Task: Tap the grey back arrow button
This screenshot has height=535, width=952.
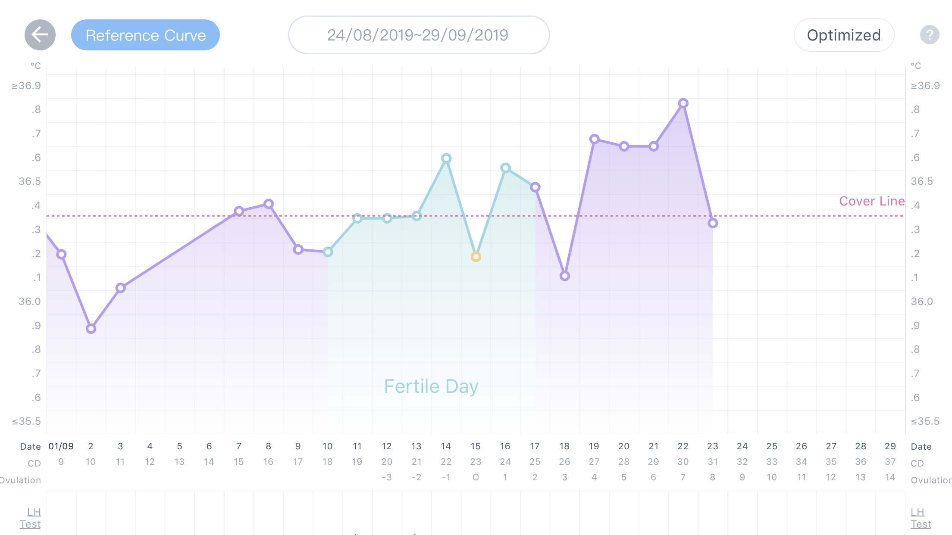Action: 40,35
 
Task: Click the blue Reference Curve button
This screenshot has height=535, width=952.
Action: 145,35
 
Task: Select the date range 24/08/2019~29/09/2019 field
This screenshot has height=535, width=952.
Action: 419,35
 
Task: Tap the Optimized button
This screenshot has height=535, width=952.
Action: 844,35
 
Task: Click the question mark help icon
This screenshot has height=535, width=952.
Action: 930,35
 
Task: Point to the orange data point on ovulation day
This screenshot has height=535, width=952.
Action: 476,257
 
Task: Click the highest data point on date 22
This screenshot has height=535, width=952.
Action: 683,103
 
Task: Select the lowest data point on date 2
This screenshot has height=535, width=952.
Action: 91,329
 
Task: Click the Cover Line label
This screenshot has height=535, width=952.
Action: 871,201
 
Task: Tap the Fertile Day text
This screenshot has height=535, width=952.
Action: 431,386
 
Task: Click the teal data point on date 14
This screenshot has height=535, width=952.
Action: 446,159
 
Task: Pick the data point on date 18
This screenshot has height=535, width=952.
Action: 564,276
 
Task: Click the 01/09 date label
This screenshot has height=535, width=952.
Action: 61,446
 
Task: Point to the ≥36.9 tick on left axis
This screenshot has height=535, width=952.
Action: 26,86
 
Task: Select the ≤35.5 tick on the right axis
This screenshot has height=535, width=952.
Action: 925,421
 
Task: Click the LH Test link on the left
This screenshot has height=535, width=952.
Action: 31,518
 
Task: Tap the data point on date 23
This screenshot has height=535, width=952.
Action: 713,223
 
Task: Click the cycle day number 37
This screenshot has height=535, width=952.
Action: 890,462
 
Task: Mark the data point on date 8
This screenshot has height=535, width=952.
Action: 269,204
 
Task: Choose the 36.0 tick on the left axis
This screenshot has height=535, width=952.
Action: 29,302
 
